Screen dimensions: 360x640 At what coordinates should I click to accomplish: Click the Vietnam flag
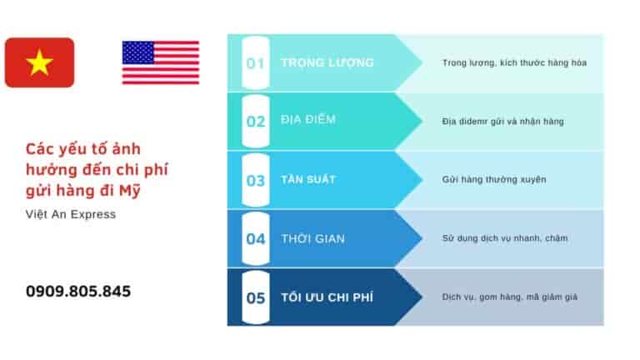39,62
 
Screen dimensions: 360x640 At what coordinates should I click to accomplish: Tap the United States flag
160,62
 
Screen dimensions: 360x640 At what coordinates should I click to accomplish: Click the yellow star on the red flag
39,62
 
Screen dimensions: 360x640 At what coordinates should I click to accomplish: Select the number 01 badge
255,63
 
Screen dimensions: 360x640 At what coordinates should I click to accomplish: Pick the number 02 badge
255,121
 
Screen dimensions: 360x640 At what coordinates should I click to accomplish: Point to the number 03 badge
255,180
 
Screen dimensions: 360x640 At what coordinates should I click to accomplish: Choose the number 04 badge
255,238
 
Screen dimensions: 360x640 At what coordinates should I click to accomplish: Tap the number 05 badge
255,297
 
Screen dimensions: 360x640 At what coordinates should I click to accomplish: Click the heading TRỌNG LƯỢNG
327,63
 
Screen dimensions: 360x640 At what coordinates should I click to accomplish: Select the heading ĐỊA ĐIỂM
308,120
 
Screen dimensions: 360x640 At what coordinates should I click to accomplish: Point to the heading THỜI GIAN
312,238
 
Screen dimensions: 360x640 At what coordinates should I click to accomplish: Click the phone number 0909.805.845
78,292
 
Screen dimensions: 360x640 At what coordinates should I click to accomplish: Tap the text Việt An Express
71,215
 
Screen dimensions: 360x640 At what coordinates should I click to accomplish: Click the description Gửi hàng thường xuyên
494,179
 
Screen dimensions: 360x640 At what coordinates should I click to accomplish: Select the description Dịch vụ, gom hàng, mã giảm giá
509,297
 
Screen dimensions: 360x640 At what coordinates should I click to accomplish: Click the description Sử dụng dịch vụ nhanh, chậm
504,238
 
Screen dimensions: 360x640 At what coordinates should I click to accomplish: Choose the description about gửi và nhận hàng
502,121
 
